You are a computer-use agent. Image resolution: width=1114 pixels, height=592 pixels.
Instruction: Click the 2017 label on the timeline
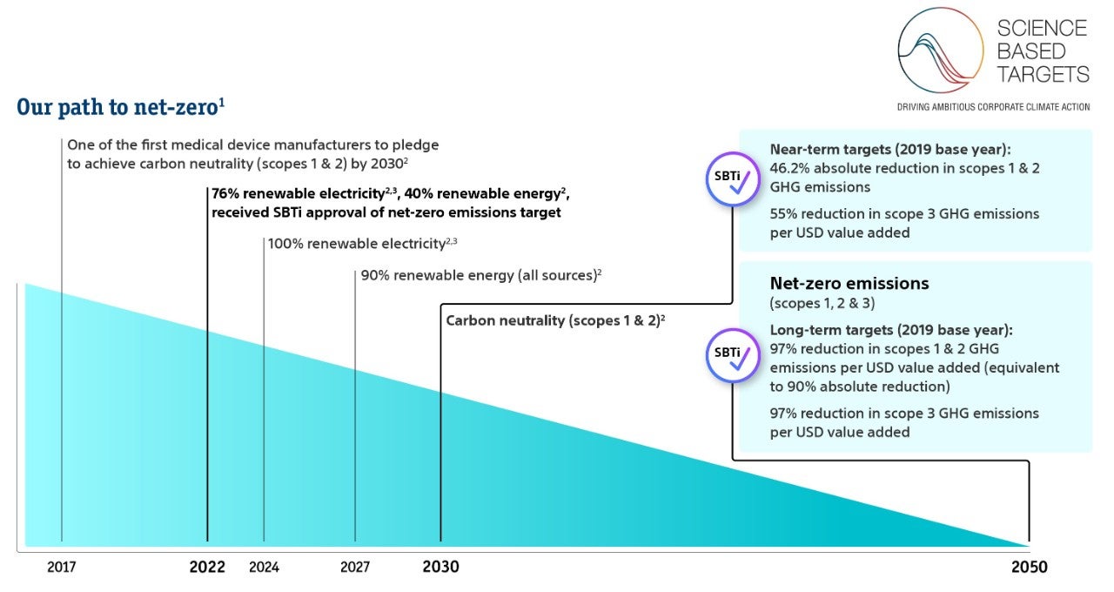[x=62, y=568]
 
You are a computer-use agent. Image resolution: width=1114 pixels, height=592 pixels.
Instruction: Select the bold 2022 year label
[x=207, y=568]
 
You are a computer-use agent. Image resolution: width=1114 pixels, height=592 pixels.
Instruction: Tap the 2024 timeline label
[x=265, y=568]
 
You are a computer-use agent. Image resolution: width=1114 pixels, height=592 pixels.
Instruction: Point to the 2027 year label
[x=355, y=568]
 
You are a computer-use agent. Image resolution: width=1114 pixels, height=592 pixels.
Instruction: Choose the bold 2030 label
[x=440, y=568]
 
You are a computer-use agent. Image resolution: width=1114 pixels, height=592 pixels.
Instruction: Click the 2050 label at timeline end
[x=1029, y=568]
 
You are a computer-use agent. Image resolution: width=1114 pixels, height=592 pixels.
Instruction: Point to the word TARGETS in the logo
[x=1043, y=75]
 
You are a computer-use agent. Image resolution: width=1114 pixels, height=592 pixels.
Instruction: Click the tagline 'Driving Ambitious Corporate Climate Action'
[x=993, y=107]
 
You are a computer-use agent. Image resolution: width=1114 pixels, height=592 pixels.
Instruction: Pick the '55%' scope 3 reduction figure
[x=785, y=213]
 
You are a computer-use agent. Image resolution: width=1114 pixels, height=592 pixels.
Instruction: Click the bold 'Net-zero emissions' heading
[x=849, y=283]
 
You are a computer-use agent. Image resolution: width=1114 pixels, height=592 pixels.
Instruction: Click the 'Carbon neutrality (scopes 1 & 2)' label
[x=555, y=320]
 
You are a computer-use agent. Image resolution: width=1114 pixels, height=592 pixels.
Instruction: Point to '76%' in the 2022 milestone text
[x=228, y=193]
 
